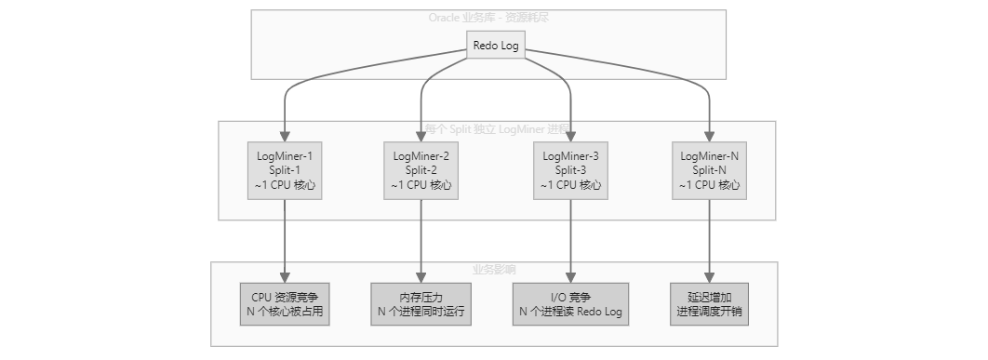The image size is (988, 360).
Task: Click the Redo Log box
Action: tap(497, 46)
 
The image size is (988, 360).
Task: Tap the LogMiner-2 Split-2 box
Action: tap(421, 171)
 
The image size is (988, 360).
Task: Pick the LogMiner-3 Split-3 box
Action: tap(570, 171)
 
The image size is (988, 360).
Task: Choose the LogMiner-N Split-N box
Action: tap(710, 171)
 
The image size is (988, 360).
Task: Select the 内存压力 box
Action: tap(421, 303)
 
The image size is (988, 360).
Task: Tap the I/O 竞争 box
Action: tap(570, 303)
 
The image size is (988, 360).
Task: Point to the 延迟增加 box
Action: tap(710, 303)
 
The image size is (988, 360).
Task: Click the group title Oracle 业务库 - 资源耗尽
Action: tap(488, 18)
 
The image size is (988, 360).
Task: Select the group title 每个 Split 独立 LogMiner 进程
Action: tap(497, 128)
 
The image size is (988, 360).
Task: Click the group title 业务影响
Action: tap(494, 269)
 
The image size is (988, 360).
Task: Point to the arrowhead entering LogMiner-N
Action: tap(710, 137)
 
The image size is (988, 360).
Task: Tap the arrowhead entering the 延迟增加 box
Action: tap(710, 276)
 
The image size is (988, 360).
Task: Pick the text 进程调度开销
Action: tap(710, 312)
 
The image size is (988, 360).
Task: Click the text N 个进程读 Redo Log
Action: tap(570, 312)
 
